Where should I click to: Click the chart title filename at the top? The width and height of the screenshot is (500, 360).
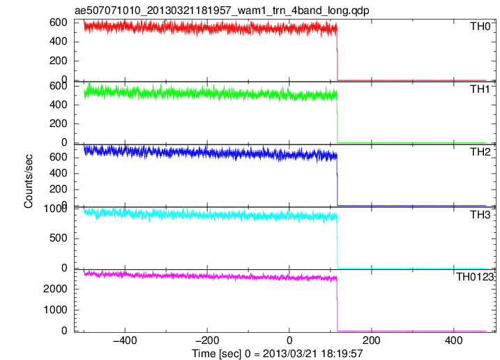pyautogui.click(x=222, y=10)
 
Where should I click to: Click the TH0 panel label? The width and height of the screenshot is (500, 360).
pyautogui.click(x=480, y=27)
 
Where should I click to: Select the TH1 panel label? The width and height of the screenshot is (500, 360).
pyautogui.click(x=480, y=89)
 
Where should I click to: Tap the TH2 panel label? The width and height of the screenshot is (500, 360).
pyautogui.click(x=480, y=152)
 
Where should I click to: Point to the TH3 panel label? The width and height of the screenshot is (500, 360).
pyautogui.click(x=480, y=215)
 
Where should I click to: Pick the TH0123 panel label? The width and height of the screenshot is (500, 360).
pyautogui.click(x=475, y=277)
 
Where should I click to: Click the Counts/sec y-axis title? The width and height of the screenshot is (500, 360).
pyautogui.click(x=29, y=181)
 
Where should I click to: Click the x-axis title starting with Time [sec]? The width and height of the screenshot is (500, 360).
pyautogui.click(x=278, y=354)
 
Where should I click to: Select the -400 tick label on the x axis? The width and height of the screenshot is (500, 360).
pyautogui.click(x=125, y=340)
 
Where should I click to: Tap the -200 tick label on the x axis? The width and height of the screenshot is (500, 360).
pyautogui.click(x=207, y=340)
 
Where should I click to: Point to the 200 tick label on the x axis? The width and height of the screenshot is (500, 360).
pyautogui.click(x=372, y=340)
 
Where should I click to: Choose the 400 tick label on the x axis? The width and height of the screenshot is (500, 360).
pyautogui.click(x=453, y=340)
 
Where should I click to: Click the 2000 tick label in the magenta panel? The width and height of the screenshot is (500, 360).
pyautogui.click(x=56, y=289)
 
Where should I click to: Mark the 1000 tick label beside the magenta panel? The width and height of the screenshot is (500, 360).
pyautogui.click(x=56, y=310)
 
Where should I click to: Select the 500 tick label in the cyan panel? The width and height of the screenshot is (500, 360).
pyautogui.click(x=59, y=238)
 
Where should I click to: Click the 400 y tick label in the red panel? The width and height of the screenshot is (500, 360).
pyautogui.click(x=59, y=41)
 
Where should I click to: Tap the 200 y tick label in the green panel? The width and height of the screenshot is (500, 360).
pyautogui.click(x=59, y=123)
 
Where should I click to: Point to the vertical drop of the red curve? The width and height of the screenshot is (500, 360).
pyautogui.click(x=337, y=54)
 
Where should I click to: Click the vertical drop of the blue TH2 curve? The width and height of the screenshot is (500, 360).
pyautogui.click(x=337, y=180)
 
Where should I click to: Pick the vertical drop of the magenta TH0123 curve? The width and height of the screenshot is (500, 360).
pyautogui.click(x=337, y=304)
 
